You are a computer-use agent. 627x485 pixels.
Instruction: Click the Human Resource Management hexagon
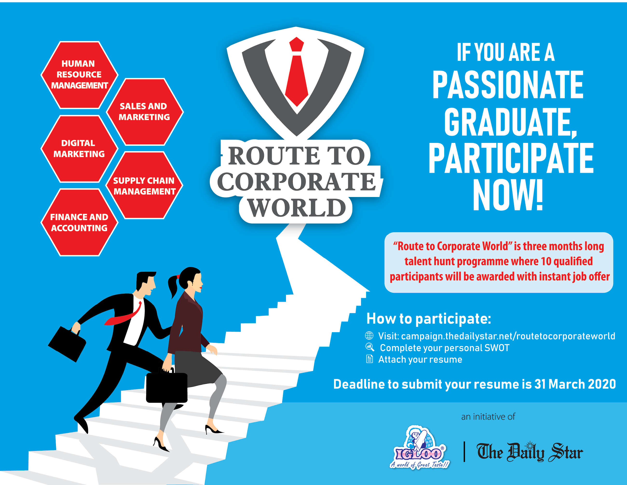click(79, 75)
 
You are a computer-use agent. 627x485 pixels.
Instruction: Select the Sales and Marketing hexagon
click(145, 112)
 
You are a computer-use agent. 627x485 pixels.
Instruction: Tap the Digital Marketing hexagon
click(79, 149)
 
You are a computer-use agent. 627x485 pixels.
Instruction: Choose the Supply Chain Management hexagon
click(144, 185)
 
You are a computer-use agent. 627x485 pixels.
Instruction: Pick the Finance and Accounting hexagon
click(79, 222)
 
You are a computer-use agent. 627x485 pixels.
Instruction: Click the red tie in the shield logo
click(297, 72)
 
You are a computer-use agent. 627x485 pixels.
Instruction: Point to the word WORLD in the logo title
click(297, 208)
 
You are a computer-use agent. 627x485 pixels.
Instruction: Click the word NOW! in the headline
click(508, 195)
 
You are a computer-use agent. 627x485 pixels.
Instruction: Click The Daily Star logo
click(530, 452)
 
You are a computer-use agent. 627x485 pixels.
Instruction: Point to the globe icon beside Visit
click(369, 336)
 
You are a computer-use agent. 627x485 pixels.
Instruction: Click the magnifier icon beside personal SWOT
click(370, 347)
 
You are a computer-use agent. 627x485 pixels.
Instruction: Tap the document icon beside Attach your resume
click(369, 359)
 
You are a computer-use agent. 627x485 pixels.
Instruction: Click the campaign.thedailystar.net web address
click(508, 336)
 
